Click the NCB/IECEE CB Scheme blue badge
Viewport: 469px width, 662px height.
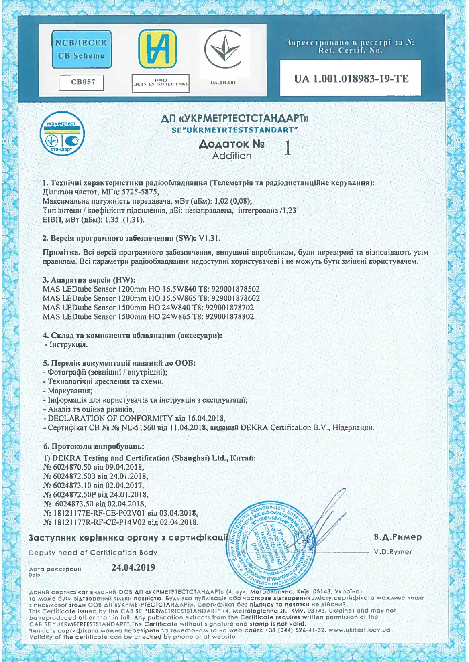[82, 49]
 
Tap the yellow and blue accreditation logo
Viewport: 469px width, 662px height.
[157, 49]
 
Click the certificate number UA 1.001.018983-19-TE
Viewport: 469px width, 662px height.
[351, 79]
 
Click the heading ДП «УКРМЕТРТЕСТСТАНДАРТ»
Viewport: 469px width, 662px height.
[234, 118]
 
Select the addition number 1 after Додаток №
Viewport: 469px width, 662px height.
[288, 148]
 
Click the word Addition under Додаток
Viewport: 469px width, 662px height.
[232, 156]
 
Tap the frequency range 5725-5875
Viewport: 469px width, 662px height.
[140, 192]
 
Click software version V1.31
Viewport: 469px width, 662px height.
[209, 238]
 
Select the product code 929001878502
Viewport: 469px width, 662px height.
[235, 289]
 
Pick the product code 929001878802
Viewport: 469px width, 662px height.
[230, 317]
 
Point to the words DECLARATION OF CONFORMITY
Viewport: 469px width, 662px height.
[110, 418]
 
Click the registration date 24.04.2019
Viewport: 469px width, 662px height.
[133, 567]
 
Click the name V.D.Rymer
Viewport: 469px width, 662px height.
[393, 552]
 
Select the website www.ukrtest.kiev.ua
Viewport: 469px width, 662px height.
[359, 630]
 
